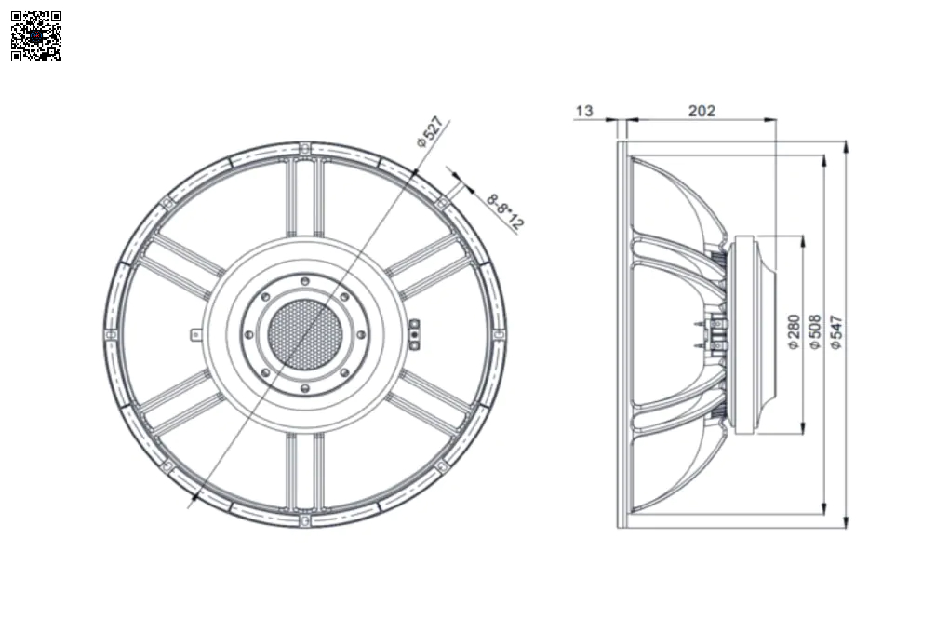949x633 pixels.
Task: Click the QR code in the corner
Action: tap(36, 36)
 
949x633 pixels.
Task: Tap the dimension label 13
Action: tap(584, 111)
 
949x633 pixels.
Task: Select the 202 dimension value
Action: tap(702, 111)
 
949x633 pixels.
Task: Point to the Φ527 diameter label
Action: tap(430, 132)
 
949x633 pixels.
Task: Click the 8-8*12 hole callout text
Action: tap(504, 211)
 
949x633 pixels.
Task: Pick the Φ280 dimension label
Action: tap(794, 332)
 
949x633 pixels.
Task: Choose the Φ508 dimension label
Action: tap(815, 332)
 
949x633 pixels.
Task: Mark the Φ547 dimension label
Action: tap(835, 332)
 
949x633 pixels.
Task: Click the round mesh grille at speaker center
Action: tap(304, 334)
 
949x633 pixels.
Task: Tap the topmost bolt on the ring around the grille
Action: tap(305, 281)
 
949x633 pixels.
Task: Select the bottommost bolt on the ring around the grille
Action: tap(305, 387)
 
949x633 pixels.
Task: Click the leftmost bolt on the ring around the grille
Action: tap(248, 334)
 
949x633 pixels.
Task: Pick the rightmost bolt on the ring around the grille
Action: tap(361, 334)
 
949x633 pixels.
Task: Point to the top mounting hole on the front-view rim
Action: tap(305, 148)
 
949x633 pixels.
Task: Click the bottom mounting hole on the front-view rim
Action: tap(305, 520)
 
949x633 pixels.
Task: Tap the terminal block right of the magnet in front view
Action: tap(415, 334)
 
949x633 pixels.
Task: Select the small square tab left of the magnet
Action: tap(195, 334)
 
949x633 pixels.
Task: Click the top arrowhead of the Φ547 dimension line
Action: tap(846, 146)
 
